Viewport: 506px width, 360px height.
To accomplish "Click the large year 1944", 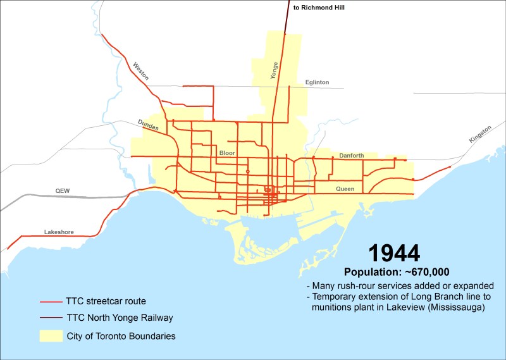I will (394, 253).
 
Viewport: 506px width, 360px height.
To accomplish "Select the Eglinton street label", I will (317, 82).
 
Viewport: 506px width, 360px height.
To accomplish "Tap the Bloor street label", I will (226, 153).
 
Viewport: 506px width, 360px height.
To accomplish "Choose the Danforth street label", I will (352, 156).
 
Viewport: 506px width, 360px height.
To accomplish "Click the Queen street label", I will (345, 189).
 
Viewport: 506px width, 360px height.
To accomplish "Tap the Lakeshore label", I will (59, 232).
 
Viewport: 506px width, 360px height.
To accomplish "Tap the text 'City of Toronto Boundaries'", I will (121, 336).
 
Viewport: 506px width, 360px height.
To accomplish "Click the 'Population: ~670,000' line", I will (396, 272).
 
